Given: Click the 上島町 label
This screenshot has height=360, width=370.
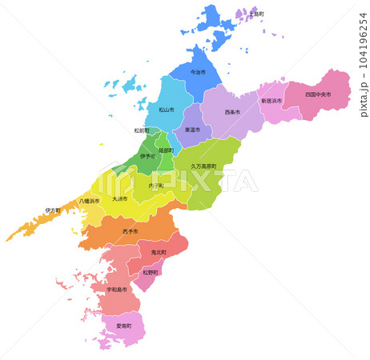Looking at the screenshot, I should click(257, 14).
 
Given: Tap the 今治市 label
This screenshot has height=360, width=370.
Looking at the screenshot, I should click(197, 72).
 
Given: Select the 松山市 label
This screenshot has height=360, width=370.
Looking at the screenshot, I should click(167, 110).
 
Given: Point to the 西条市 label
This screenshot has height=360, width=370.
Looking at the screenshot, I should click(232, 112).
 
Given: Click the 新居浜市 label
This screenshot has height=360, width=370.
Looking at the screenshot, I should click(272, 102).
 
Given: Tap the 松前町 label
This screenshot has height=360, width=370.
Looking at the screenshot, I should click(142, 130).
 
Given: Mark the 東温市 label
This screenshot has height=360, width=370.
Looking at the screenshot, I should click(192, 130).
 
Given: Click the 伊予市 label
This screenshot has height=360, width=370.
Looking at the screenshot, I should click(148, 157).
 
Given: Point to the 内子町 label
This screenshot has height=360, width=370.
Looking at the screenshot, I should click(156, 186).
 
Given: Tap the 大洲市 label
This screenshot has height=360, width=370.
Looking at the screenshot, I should click(119, 198).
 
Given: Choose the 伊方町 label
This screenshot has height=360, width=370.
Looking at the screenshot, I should click(53, 210).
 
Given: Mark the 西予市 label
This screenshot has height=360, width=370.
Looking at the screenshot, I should click(130, 231).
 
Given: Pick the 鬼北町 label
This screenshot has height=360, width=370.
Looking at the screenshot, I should click(159, 252).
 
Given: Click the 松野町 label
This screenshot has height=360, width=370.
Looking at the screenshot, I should click(151, 272).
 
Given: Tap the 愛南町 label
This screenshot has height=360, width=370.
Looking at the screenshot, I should click(124, 326).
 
